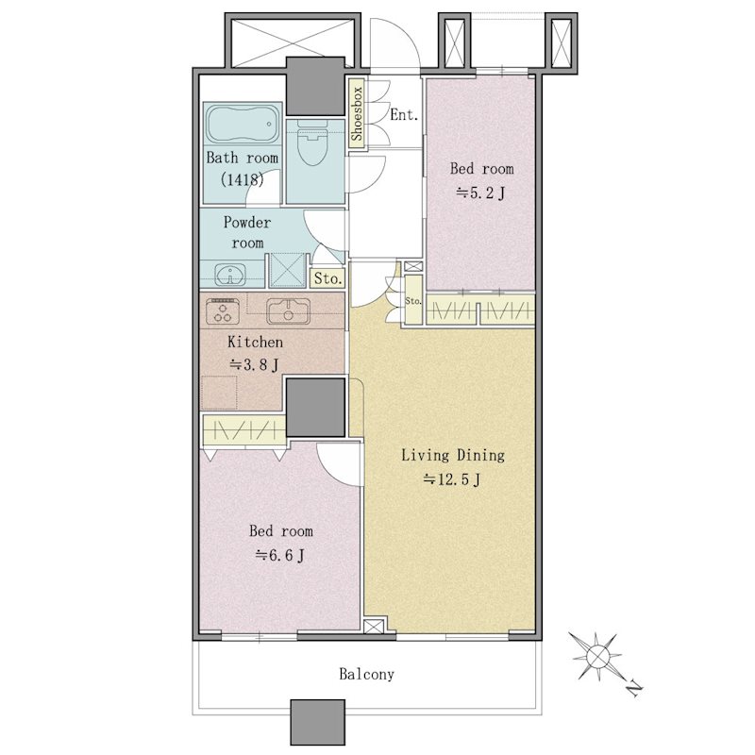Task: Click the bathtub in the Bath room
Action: tap(243, 124)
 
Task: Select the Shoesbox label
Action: tap(357, 114)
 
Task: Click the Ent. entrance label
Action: tap(404, 114)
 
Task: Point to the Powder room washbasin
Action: tap(230, 275)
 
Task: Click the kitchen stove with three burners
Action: tap(223, 310)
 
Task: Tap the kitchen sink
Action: tap(289, 311)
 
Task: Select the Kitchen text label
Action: tap(255, 343)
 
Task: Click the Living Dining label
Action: tap(453, 455)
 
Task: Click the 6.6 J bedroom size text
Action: tap(279, 556)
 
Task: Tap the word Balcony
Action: tap(366, 674)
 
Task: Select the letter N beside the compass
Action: tap(635, 689)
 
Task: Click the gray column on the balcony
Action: tap(318, 722)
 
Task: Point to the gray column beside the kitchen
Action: tap(316, 408)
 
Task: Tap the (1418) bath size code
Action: tap(243, 179)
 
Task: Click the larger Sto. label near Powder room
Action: tap(327, 278)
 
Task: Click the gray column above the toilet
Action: tap(315, 86)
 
